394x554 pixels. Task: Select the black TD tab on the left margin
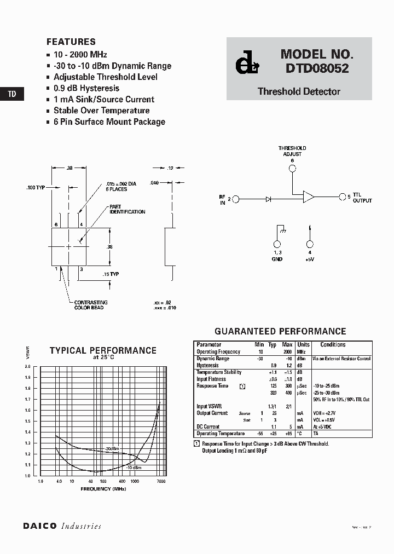tap(12, 94)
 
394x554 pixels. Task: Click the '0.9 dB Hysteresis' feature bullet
tap(86, 88)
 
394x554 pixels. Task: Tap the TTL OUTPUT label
tap(362, 198)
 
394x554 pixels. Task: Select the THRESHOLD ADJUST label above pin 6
tap(292, 151)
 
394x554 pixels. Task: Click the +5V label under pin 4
tap(310, 259)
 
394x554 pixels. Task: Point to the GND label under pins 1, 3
tap(277, 259)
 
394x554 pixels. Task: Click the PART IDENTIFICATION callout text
tap(127, 209)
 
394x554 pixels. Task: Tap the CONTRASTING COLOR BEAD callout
tap(91, 305)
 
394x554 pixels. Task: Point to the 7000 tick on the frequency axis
tap(161, 481)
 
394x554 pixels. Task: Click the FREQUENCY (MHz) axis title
tap(103, 488)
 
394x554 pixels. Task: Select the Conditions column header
tap(333, 345)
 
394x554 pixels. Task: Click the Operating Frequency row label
tap(218, 351)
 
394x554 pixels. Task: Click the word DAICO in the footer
tap(39, 526)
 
